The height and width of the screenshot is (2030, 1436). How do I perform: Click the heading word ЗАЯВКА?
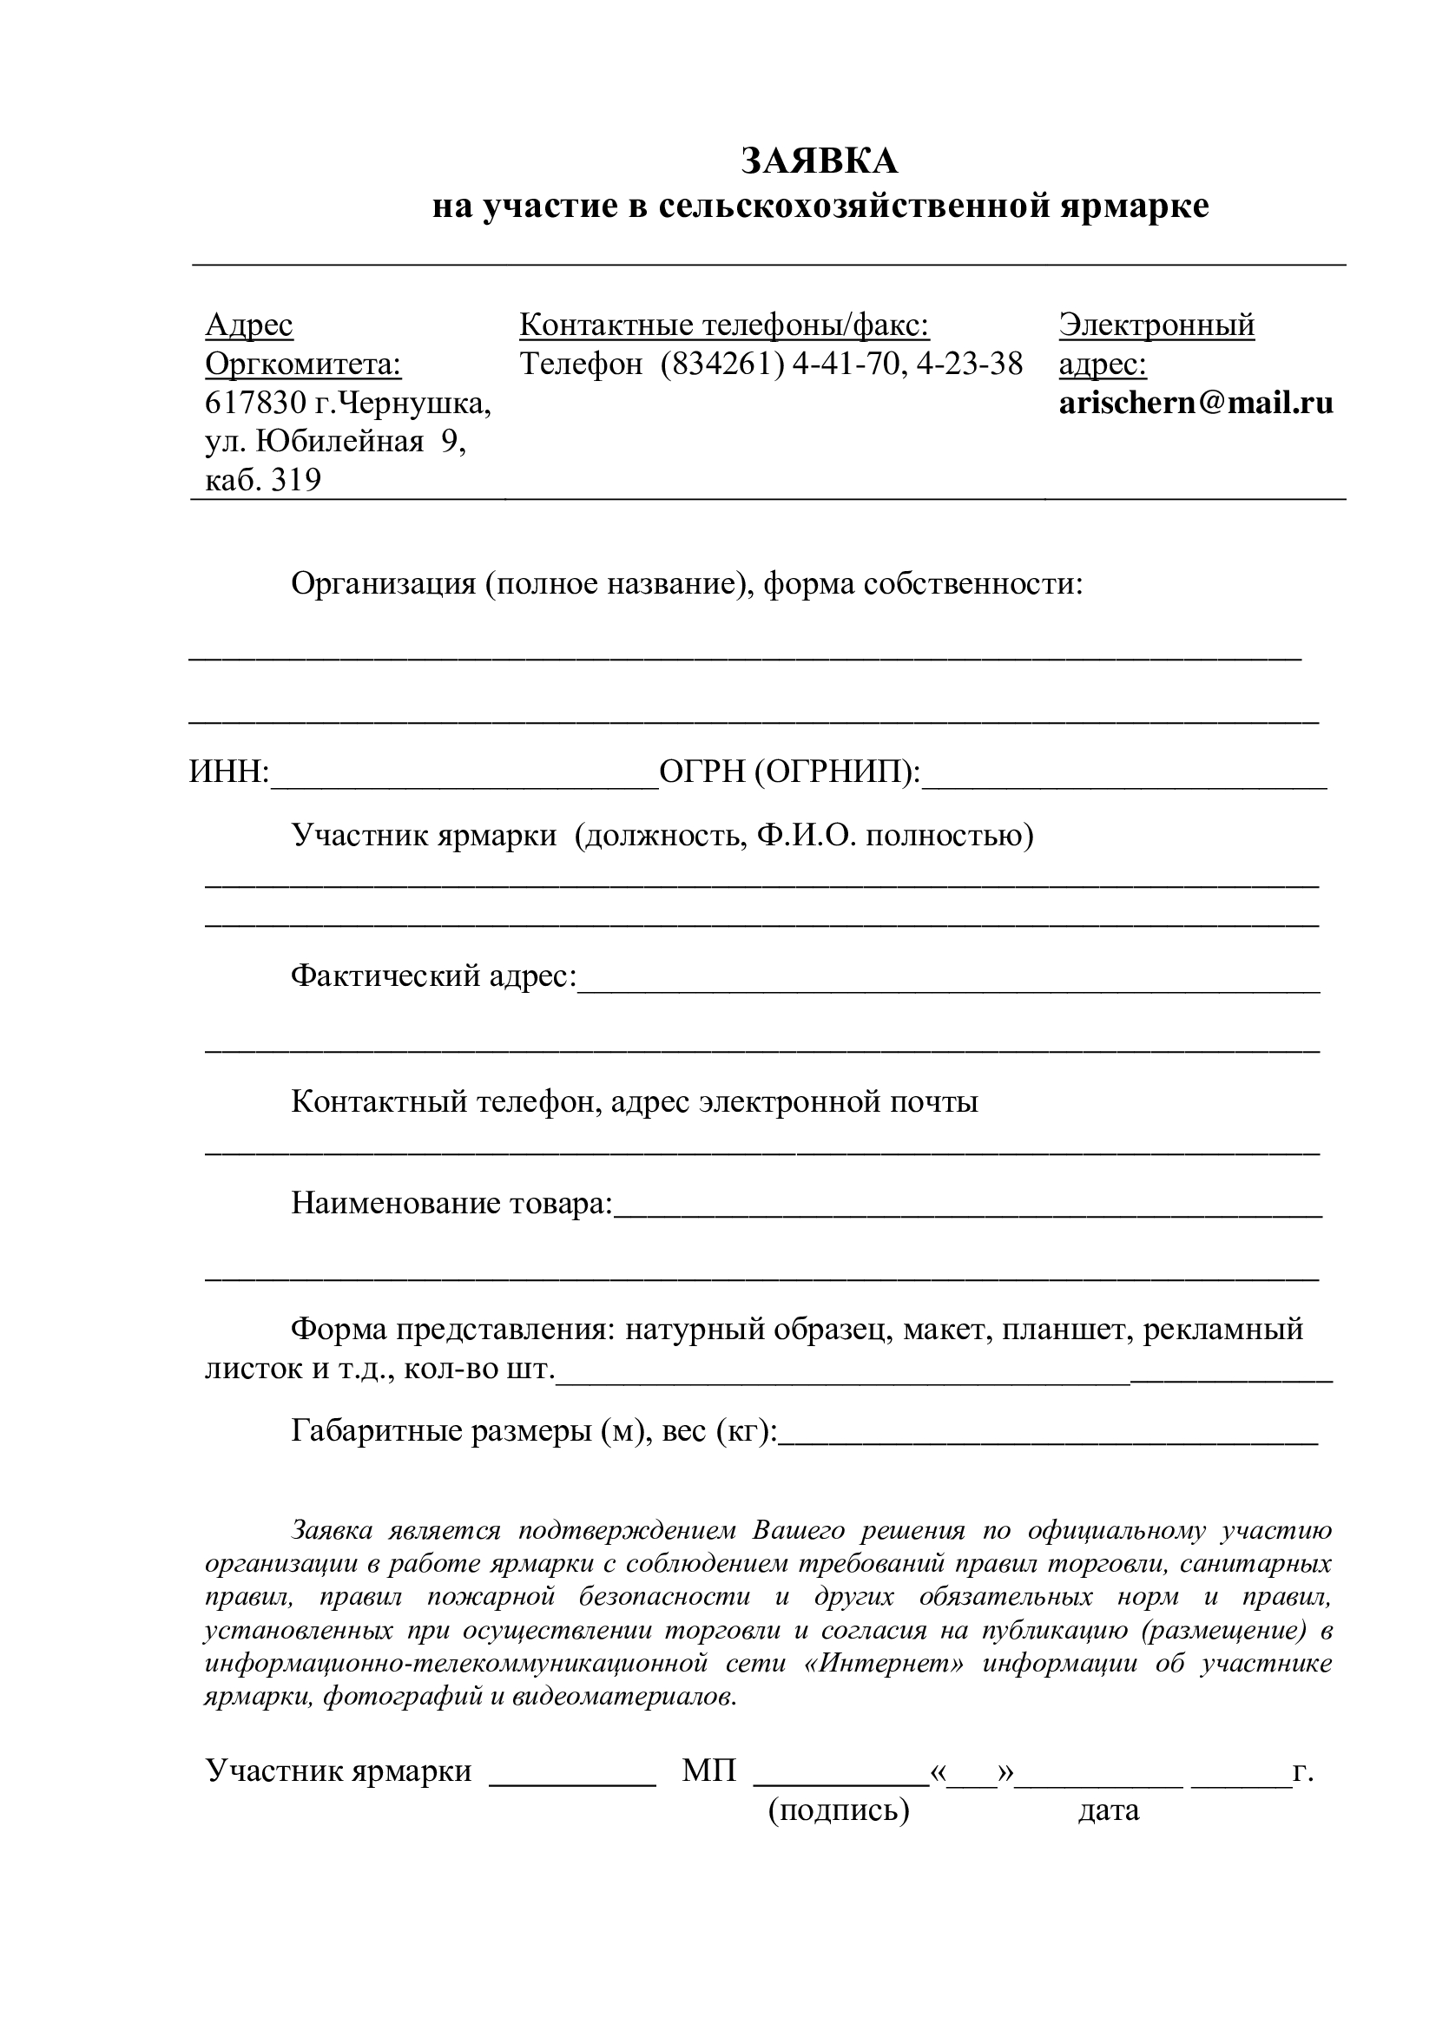(x=819, y=161)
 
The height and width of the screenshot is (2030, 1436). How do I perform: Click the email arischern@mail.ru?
(x=1196, y=404)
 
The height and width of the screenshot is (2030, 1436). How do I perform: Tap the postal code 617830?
(x=255, y=404)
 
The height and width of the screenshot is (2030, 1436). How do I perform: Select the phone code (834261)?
(x=722, y=364)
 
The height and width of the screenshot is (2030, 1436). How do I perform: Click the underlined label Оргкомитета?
(x=303, y=364)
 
